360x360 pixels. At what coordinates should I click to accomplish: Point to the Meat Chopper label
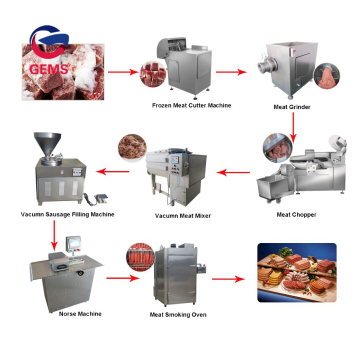click(297, 213)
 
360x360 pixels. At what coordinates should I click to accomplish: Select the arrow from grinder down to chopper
click(293, 122)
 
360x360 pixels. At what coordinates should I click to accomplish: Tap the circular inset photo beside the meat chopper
click(275, 149)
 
